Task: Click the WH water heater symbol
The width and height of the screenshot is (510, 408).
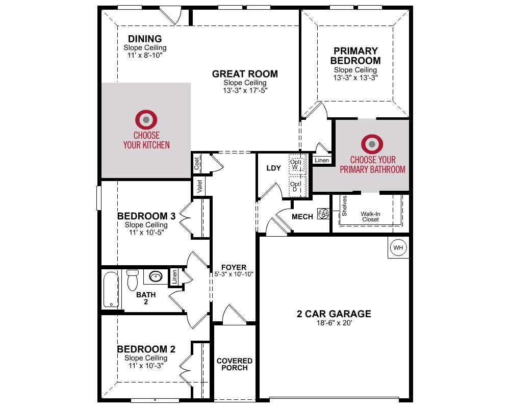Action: pos(398,247)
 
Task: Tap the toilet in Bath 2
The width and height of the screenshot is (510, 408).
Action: pos(133,280)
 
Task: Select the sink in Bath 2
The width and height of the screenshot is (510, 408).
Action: pos(156,277)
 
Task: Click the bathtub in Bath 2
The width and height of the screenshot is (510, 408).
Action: pos(111,290)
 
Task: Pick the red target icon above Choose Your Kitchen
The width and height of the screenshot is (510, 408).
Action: pos(146,120)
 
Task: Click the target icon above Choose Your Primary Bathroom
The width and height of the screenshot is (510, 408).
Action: pos(372,144)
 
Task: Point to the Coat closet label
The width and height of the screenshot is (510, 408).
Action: pos(196,163)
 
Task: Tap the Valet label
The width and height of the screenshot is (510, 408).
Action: pos(200,186)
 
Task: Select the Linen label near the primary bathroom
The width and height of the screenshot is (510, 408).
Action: pos(322,160)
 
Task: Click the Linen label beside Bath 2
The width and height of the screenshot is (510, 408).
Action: pos(174,277)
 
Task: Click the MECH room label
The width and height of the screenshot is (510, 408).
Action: pos(302,217)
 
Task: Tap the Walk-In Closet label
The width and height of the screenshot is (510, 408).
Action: pos(370,217)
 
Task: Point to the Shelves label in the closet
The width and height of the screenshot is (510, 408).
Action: pos(344,206)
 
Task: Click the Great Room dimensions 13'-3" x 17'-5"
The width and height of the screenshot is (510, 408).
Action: pos(245,90)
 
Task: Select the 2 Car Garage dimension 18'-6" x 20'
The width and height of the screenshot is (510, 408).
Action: pos(334,323)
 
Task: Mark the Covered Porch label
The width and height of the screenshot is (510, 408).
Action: pos(235,365)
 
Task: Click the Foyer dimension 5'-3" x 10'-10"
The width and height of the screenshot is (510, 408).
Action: pos(234,274)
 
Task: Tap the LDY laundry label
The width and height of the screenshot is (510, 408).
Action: pos(273,168)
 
